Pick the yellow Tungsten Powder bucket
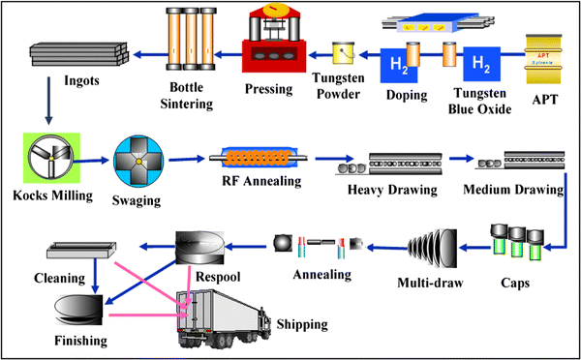pyautogui.click(x=346, y=58)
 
